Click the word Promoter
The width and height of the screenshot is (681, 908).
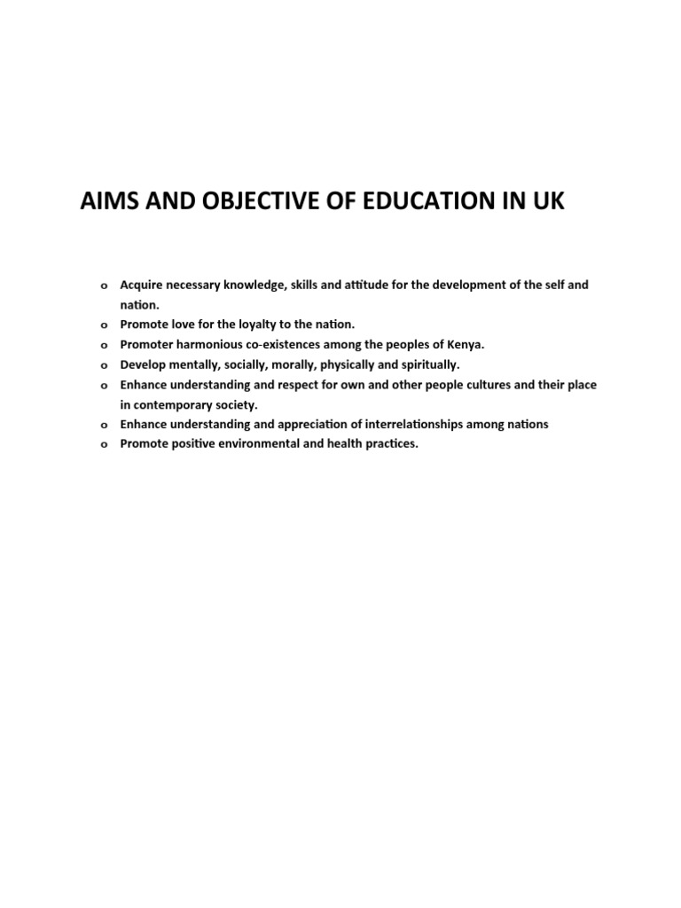point(148,345)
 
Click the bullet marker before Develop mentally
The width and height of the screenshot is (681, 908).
point(103,365)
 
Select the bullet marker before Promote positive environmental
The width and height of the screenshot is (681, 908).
point(103,445)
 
